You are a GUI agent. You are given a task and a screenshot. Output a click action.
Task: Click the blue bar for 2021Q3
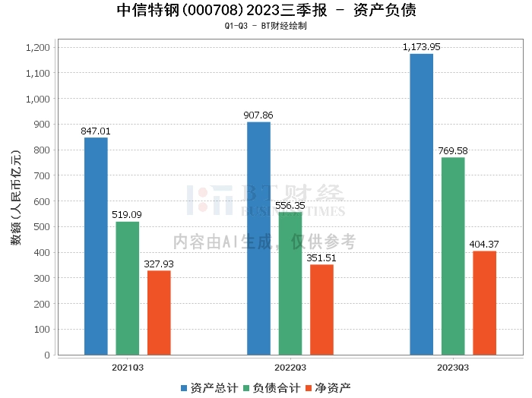pyautogui.click(x=96, y=246)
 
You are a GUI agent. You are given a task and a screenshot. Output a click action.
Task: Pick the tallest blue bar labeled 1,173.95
pyautogui.click(x=421, y=204)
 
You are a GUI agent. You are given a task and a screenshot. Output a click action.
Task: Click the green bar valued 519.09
pyautogui.click(x=128, y=288)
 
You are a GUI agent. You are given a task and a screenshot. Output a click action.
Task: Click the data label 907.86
pyautogui.click(x=258, y=115)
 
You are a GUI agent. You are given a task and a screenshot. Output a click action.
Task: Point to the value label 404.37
pyautogui.click(x=484, y=245)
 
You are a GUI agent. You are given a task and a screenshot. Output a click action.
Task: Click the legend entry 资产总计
pyautogui.click(x=207, y=388)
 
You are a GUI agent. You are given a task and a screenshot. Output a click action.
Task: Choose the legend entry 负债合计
pyautogui.click(x=271, y=388)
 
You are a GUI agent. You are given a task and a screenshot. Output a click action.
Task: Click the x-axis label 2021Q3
pyautogui.click(x=128, y=366)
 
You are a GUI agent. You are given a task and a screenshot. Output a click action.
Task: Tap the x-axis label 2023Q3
pyautogui.click(x=453, y=366)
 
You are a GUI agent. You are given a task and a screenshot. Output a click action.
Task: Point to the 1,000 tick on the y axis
pyautogui.click(x=38, y=99)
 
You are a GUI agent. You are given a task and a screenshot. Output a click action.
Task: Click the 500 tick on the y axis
pyautogui.click(x=42, y=227)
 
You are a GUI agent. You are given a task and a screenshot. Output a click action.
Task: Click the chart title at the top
pyautogui.click(x=266, y=11)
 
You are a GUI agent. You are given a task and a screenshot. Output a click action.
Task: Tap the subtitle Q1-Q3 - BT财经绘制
pyautogui.click(x=266, y=26)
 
